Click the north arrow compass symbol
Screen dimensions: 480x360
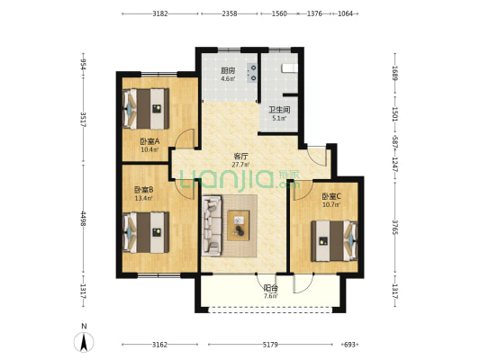pyautogui.click(x=84, y=342)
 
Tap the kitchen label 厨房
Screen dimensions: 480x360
pyautogui.click(x=228, y=71)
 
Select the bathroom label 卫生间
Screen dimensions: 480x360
pyautogui.click(x=279, y=110)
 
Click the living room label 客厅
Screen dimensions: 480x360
pyautogui.click(x=240, y=157)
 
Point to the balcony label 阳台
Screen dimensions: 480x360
pyautogui.click(x=271, y=288)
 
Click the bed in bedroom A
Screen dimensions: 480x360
pyautogui.click(x=146, y=109)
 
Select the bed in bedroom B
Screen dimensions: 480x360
pyautogui.click(x=146, y=232)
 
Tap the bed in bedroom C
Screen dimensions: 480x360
pyautogui.click(x=334, y=241)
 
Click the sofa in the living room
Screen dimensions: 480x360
pyautogui.click(x=212, y=226)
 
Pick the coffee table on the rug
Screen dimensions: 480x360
pyautogui.click(x=239, y=226)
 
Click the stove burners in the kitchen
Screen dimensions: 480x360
pyautogui.click(x=252, y=73)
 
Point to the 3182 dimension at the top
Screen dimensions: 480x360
pyautogui.click(x=160, y=13)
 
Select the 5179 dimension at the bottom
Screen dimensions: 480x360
pyautogui.click(x=270, y=345)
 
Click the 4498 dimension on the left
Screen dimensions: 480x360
pyautogui.click(x=83, y=219)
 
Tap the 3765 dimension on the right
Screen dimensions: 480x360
pyautogui.click(x=395, y=228)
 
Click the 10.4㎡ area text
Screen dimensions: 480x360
pyautogui.click(x=149, y=149)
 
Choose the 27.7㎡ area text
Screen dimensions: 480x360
pyautogui.click(x=240, y=165)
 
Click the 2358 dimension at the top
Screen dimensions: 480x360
pyautogui.click(x=230, y=13)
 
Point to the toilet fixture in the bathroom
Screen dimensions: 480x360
pyautogui.click(x=289, y=68)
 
